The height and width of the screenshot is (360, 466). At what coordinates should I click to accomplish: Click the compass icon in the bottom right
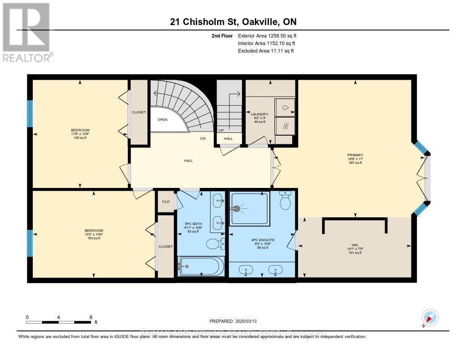coord(430,317)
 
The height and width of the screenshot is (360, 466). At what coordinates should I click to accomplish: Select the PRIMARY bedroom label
coord(355,155)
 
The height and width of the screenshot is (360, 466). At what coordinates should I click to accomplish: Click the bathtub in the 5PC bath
coord(201,266)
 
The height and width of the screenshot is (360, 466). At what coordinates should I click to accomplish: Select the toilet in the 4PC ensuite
coord(286,200)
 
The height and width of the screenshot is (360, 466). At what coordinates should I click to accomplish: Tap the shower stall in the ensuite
coord(250,208)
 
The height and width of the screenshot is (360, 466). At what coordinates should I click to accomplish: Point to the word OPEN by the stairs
coord(163,120)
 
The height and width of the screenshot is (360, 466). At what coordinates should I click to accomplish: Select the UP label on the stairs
coord(221,130)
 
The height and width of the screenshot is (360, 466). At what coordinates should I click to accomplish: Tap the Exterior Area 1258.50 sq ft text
coord(267,36)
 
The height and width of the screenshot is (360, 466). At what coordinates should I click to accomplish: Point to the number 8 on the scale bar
coord(91,317)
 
